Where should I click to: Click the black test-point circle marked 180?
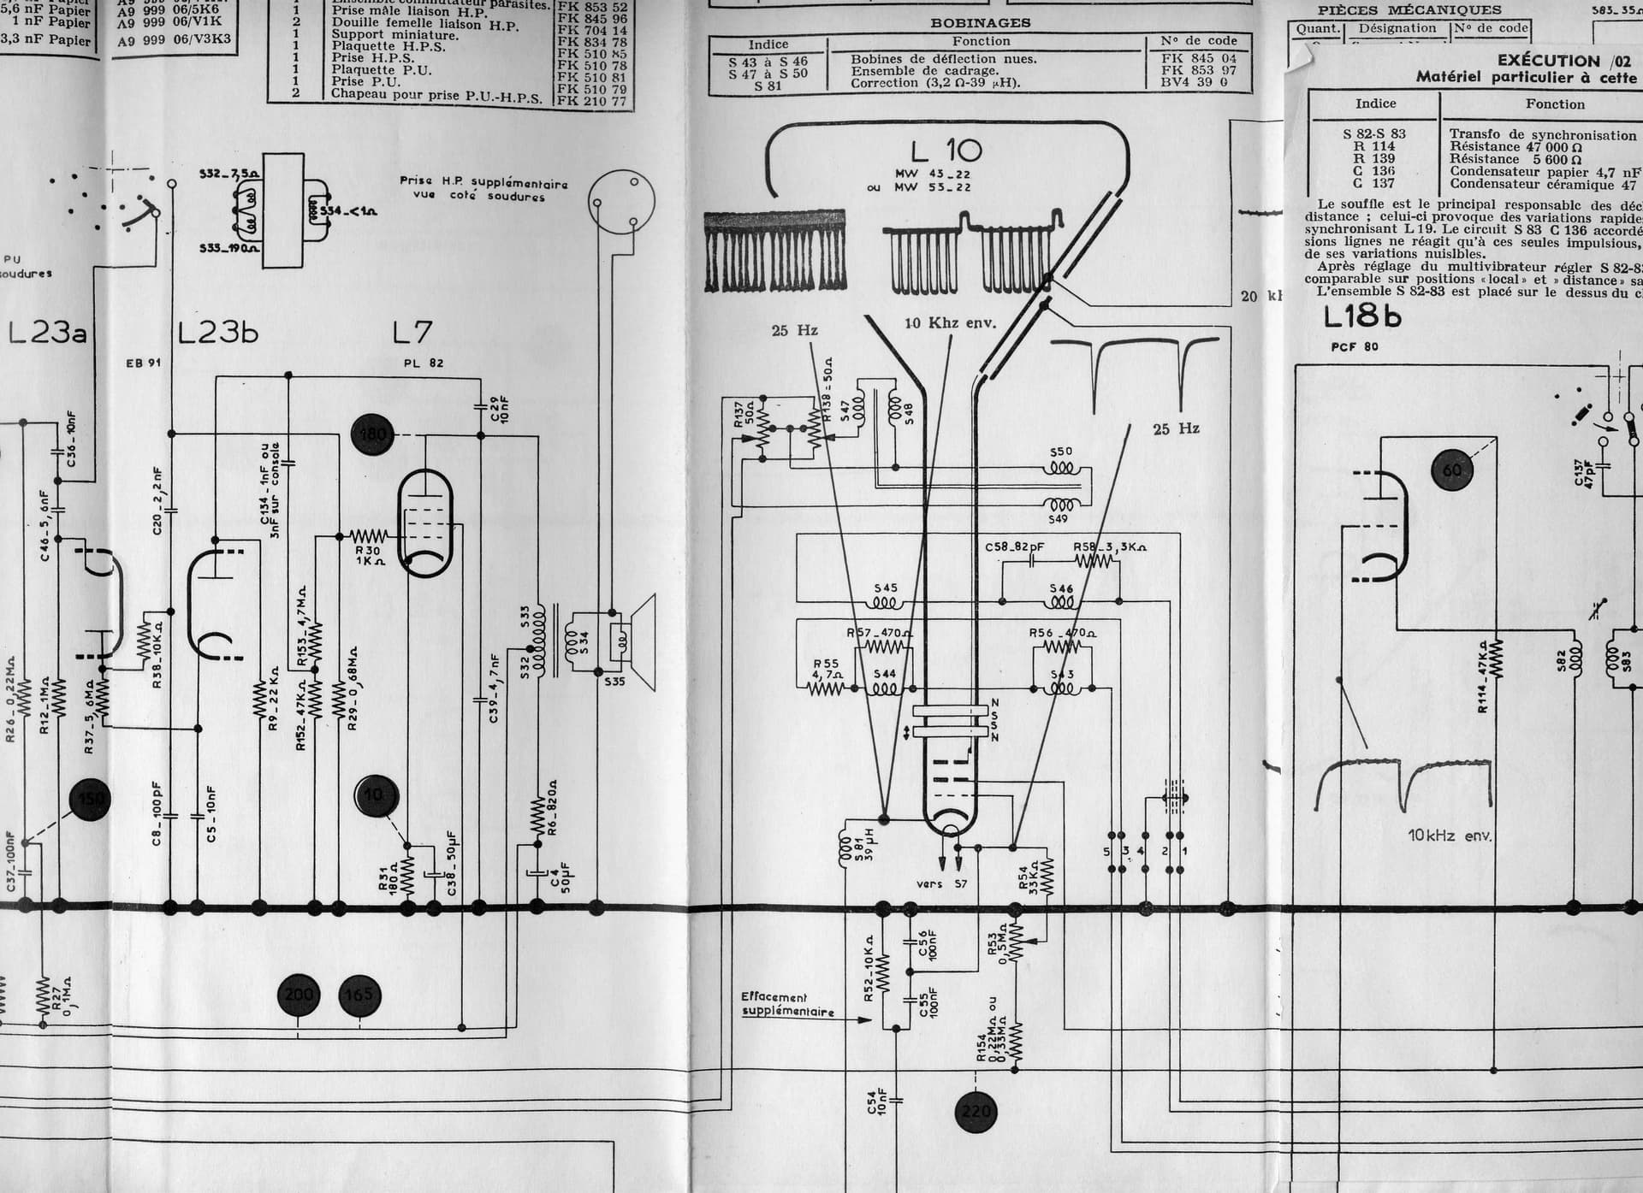coord(372,434)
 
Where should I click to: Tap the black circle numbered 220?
coord(976,1112)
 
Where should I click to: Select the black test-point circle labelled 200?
coord(299,995)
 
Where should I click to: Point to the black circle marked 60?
coord(1452,470)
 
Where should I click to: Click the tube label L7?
coord(412,332)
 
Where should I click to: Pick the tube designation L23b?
coord(217,332)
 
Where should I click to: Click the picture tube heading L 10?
coord(946,151)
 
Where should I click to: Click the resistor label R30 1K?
coord(369,556)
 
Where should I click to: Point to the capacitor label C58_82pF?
coord(1015,546)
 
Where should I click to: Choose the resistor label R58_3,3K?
coord(1110,546)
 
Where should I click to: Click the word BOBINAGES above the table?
coord(981,23)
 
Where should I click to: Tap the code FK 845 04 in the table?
coord(1198,58)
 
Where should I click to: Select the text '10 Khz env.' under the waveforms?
coord(951,323)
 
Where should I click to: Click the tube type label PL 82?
coord(424,363)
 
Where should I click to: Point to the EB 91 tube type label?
coord(143,363)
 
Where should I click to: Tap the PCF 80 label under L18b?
coord(1355,346)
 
